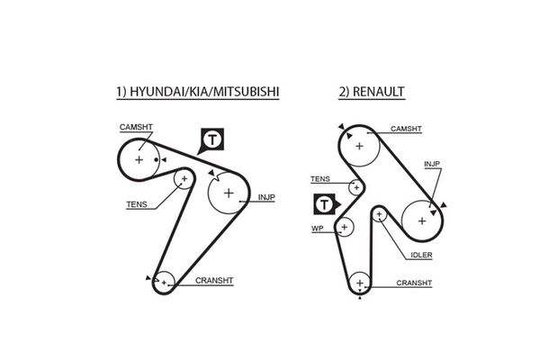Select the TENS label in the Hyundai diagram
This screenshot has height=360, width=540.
(137, 204)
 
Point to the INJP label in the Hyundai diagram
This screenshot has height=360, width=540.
(266, 196)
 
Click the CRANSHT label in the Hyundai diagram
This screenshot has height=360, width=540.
(213, 281)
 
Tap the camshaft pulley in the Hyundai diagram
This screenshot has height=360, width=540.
(139, 159)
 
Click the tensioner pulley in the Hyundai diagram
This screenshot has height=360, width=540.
(184, 180)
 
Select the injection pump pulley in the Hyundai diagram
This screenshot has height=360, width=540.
(229, 193)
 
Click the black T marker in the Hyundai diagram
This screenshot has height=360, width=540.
(212, 140)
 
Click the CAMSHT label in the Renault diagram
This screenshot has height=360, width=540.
(406, 129)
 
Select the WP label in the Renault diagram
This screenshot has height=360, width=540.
(317, 229)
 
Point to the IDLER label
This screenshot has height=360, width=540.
(421, 255)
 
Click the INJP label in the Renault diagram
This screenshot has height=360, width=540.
(431, 165)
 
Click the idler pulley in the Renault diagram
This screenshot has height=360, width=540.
(380, 214)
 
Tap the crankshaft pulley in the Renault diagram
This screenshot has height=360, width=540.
(360, 284)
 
